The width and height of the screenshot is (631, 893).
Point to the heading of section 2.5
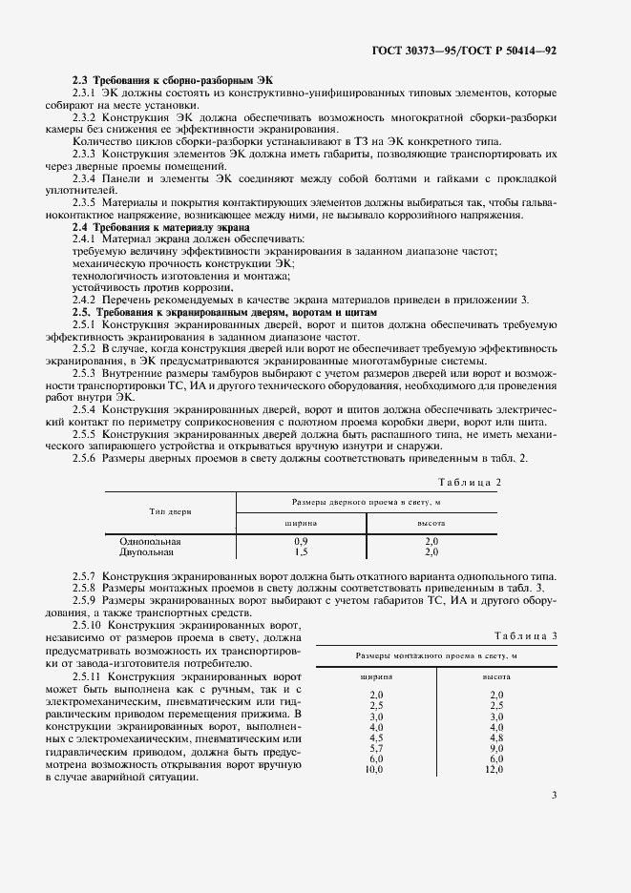[x=225, y=312]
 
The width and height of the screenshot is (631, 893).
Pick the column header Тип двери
[x=170, y=511]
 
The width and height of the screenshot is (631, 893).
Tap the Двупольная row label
[x=147, y=551]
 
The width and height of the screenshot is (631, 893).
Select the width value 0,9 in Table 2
[x=301, y=541]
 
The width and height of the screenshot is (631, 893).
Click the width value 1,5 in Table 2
[x=301, y=551]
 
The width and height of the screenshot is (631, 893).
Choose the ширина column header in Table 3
[x=375, y=675]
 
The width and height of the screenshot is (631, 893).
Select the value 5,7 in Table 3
[x=375, y=747]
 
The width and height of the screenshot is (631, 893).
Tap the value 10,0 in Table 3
[x=373, y=769]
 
